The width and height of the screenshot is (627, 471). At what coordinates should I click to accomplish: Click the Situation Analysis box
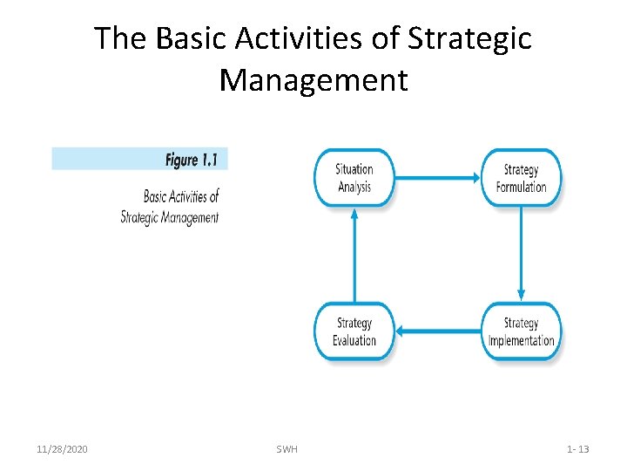(x=354, y=178)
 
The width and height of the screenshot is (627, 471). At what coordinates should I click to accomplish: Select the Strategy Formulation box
(x=521, y=178)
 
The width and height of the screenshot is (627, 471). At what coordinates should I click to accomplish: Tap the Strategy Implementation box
(x=521, y=331)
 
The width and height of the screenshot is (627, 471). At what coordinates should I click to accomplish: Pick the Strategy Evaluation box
(x=354, y=331)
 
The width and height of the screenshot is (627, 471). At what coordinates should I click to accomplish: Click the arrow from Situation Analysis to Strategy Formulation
(x=437, y=178)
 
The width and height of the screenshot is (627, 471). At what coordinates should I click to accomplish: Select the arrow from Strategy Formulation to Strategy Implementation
(x=521, y=254)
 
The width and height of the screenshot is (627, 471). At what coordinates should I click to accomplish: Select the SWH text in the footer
(x=287, y=449)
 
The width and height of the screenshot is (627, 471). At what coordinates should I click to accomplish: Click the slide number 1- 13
(x=577, y=449)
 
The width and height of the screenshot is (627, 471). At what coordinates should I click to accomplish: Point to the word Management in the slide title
(x=313, y=80)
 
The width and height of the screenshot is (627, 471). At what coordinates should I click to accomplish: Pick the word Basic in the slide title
(x=178, y=38)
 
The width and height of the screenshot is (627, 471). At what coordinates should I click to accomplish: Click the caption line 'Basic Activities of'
(x=180, y=196)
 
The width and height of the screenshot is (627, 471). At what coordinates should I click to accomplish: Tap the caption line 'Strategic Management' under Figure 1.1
(x=170, y=217)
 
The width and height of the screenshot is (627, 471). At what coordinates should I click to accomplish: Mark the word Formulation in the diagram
(x=521, y=187)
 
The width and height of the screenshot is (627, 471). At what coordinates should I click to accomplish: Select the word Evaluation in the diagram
(x=354, y=340)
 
